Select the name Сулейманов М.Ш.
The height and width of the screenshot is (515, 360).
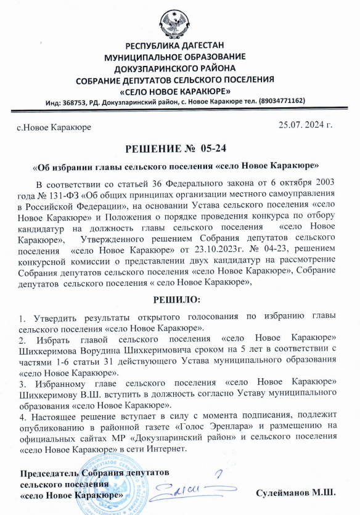click(297, 492)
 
